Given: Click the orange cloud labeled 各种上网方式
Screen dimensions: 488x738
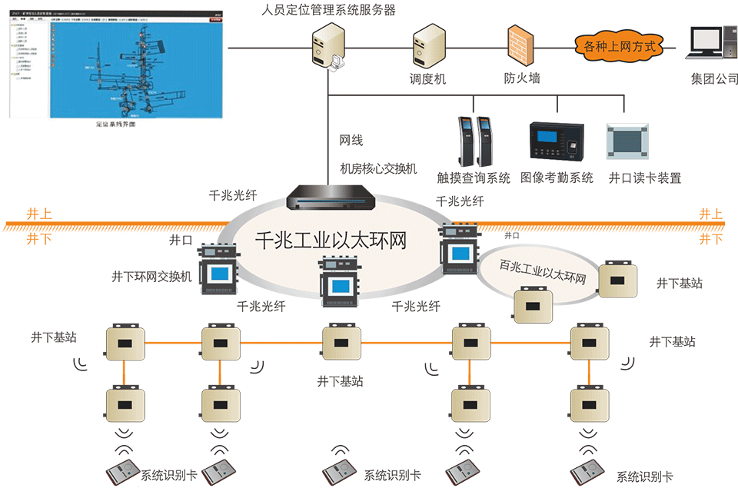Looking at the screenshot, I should pyautogui.click(x=618, y=46).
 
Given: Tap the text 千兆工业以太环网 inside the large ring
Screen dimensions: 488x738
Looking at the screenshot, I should pyautogui.click(x=330, y=241).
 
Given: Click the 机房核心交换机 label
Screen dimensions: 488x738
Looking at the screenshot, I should pyautogui.click(x=379, y=168).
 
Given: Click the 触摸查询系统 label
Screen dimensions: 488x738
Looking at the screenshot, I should pyautogui.click(x=473, y=178).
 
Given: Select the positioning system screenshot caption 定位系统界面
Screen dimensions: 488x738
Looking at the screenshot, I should pyautogui.click(x=115, y=123).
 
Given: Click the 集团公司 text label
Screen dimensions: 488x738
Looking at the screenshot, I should pyautogui.click(x=714, y=78).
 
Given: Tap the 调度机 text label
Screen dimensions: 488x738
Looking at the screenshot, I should pyautogui.click(x=427, y=78).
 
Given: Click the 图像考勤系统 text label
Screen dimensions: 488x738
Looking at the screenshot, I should pyautogui.click(x=557, y=178).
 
